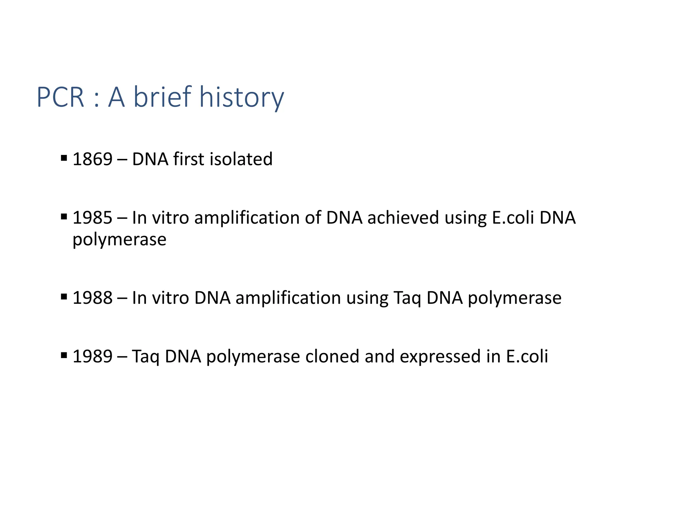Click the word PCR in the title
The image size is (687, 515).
point(60,97)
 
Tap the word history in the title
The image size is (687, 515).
point(242,97)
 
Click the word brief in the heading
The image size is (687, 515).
point(162,97)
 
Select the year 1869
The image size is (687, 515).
point(92,159)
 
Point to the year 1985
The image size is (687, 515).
point(92,218)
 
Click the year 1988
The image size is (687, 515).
point(92,298)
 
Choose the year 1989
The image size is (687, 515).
point(92,356)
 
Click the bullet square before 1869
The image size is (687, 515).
point(64,158)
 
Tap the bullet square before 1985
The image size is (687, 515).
point(64,217)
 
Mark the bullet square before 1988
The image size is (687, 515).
point(64,296)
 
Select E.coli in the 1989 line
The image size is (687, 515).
point(527,356)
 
